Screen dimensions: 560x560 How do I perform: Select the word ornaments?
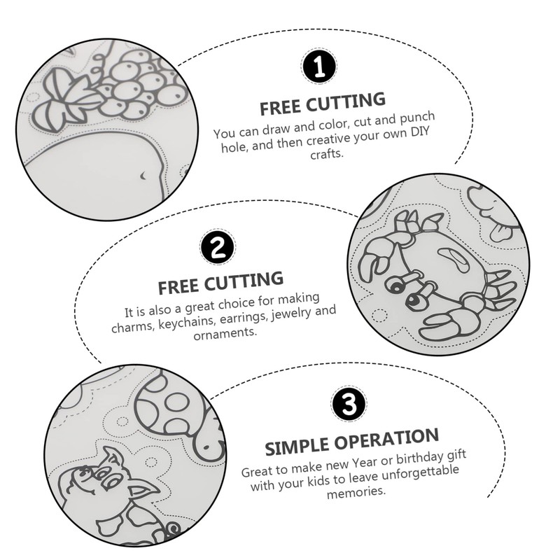tap(226, 335)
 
